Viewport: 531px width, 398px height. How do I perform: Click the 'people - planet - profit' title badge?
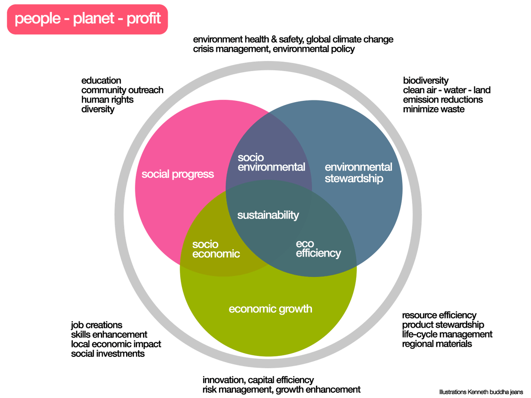click(87, 19)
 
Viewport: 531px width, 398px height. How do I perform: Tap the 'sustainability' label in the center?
click(268, 215)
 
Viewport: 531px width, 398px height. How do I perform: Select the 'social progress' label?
click(177, 174)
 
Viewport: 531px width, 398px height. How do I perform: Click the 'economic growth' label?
click(270, 309)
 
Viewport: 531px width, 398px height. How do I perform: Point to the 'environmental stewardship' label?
click(358, 173)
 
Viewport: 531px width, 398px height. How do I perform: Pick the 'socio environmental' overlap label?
click(271, 162)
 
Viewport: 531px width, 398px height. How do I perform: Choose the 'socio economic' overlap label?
click(216, 249)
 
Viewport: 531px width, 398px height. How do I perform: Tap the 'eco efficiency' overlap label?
click(318, 249)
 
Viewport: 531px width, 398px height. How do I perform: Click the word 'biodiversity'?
click(426, 80)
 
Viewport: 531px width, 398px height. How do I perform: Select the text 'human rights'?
click(107, 99)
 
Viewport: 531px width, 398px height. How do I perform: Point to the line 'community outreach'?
click(122, 90)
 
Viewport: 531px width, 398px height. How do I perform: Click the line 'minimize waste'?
click(434, 109)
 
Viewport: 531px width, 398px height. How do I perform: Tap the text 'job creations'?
click(96, 325)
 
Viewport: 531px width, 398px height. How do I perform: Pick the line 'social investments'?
click(108, 354)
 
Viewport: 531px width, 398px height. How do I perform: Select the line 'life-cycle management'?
click(447, 334)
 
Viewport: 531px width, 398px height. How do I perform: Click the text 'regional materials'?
click(437, 344)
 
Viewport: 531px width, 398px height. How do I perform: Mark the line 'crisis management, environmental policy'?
click(274, 49)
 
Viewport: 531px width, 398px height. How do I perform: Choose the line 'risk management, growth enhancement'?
click(281, 390)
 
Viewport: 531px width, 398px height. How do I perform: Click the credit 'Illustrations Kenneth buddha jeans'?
click(481, 392)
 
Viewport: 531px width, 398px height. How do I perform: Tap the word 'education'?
click(101, 80)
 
